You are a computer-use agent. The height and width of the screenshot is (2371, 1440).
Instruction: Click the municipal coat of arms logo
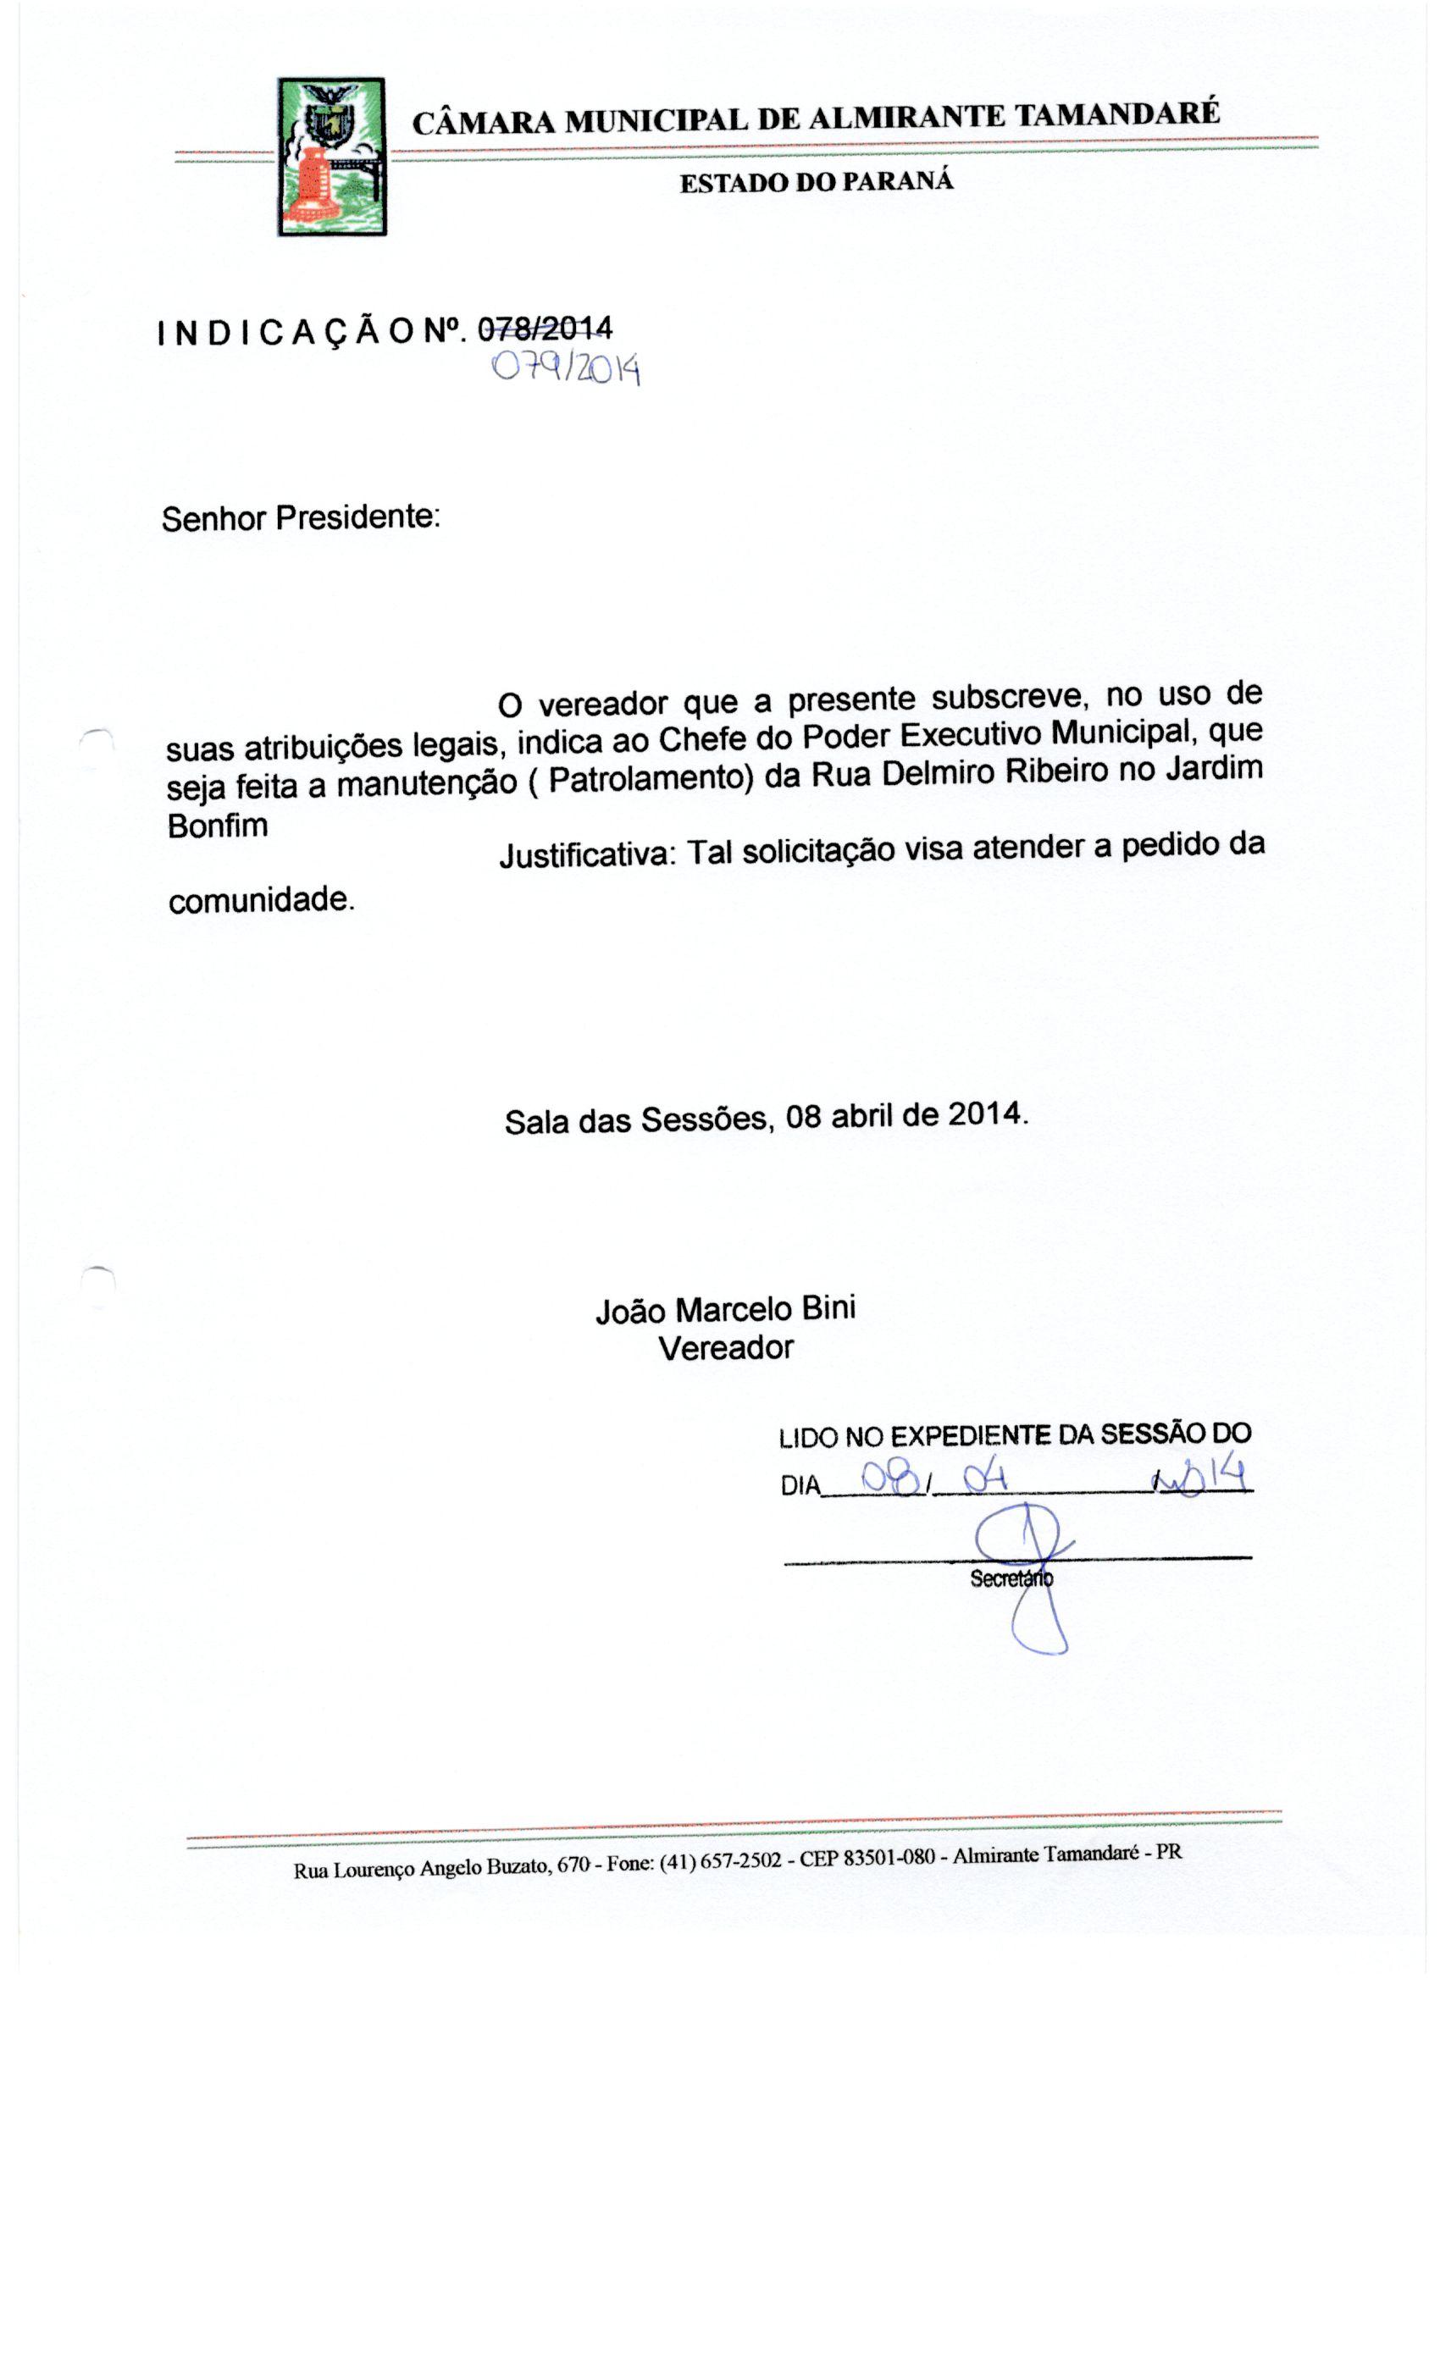pyautogui.click(x=332, y=158)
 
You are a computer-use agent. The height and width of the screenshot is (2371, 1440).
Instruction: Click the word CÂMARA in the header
pyautogui.click(x=483, y=123)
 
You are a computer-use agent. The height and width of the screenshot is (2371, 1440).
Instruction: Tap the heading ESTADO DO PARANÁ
pyautogui.click(x=817, y=182)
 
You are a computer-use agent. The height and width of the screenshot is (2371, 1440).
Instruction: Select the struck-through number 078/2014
pyautogui.click(x=545, y=329)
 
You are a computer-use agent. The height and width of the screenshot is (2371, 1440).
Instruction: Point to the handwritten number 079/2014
pyautogui.click(x=566, y=368)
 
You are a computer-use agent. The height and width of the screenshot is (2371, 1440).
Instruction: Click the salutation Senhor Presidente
pyautogui.click(x=301, y=517)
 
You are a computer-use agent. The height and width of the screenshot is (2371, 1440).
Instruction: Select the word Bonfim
pyautogui.click(x=218, y=826)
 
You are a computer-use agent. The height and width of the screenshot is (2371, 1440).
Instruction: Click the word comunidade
pyautogui.click(x=261, y=901)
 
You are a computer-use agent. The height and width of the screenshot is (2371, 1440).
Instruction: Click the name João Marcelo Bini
pyautogui.click(x=726, y=1310)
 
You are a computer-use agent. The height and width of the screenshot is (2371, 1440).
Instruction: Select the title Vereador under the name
pyautogui.click(x=726, y=1348)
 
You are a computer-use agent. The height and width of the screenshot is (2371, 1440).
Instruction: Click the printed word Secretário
pyautogui.click(x=1011, y=1579)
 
